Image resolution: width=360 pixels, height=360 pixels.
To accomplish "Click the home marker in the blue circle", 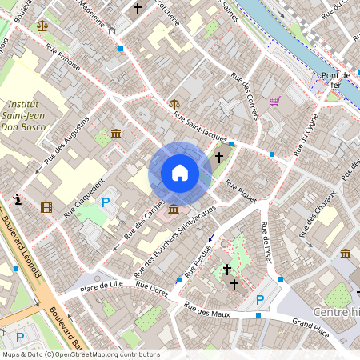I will click(x=180, y=173).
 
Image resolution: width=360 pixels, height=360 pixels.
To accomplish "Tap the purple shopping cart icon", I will click(x=274, y=101).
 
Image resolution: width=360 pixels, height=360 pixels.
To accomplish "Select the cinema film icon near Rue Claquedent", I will click(x=46, y=208).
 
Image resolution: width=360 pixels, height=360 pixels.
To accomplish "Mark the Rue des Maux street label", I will click(x=207, y=309).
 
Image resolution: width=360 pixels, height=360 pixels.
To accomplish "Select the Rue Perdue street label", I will click(x=197, y=261).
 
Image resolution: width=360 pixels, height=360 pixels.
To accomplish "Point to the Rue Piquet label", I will click(x=240, y=190).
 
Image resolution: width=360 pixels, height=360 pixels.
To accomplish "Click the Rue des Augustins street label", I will click(x=66, y=140).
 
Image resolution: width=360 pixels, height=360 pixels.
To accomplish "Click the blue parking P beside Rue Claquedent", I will click(x=105, y=193).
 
